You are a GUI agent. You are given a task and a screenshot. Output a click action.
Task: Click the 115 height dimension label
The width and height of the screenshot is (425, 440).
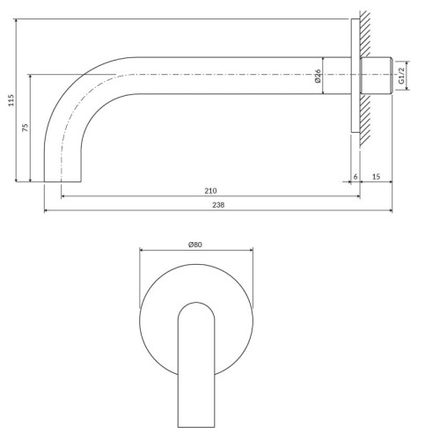click(x=11, y=100)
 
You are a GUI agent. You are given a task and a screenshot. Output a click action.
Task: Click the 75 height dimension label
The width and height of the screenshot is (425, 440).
click(x=26, y=128)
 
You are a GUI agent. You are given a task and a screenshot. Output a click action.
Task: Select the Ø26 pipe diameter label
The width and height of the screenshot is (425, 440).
click(x=318, y=76)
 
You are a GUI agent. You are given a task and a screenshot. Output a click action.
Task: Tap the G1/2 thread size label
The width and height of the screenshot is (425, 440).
click(x=401, y=75)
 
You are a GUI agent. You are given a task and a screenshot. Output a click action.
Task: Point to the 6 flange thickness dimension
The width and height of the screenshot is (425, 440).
click(x=355, y=177)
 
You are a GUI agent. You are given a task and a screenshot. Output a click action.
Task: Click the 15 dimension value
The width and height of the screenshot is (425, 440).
click(x=376, y=176)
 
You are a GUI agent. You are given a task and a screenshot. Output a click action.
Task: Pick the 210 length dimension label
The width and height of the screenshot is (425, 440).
click(x=210, y=191)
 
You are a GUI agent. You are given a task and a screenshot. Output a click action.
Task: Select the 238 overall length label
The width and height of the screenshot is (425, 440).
click(x=218, y=205)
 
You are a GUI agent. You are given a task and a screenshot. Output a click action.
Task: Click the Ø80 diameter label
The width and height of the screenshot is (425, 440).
click(x=195, y=245)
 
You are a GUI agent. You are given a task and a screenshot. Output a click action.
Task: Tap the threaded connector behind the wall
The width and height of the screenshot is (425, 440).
click(x=376, y=76)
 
